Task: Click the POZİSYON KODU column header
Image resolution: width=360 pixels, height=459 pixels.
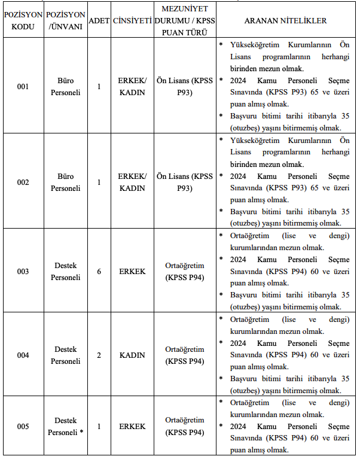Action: click(23, 21)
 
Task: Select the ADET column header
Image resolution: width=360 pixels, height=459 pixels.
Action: click(99, 21)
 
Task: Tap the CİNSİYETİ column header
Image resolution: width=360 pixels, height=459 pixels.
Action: click(132, 21)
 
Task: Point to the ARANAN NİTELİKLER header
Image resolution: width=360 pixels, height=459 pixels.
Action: click(285, 21)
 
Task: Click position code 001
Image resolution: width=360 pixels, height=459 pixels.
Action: click(23, 87)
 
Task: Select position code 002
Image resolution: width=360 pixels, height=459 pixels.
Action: click(23, 182)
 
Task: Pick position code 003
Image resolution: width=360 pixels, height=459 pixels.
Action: click(23, 271)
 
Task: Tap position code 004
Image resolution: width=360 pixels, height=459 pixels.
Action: click(23, 355)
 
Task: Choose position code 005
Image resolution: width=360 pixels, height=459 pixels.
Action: click(23, 427)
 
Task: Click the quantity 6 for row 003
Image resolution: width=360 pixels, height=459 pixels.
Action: click(99, 271)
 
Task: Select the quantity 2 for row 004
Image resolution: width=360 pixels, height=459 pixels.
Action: click(99, 355)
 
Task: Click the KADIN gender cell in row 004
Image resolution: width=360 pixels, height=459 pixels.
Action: click(132, 355)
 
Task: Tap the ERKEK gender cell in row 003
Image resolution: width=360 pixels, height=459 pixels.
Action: click(132, 271)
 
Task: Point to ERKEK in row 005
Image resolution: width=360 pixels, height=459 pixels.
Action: click(132, 427)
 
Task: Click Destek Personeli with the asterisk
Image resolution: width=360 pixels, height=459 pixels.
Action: click(65, 427)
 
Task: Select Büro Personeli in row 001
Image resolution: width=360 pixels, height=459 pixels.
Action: click(65, 87)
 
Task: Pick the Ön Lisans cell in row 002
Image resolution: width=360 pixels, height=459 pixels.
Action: click(185, 182)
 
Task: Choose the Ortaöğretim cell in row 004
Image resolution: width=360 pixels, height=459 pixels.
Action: click(185, 355)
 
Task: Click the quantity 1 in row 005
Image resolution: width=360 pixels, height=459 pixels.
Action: click(99, 427)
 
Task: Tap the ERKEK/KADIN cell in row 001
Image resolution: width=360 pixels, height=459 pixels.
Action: click(132, 87)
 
